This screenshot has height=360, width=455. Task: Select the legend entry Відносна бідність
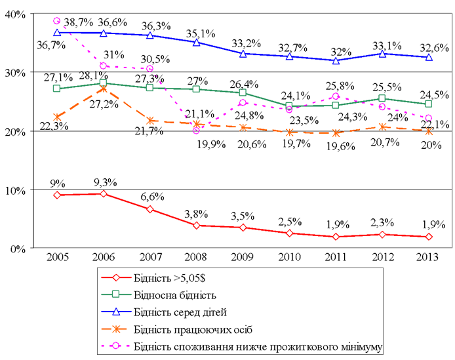(x=173, y=295)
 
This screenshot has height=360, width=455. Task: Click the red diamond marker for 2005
(x=57, y=195)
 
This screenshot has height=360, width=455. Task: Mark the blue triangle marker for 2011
(x=336, y=60)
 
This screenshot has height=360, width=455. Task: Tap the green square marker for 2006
(x=104, y=83)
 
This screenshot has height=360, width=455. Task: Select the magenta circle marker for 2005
(x=57, y=21)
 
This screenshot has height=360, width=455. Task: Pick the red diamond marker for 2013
(x=429, y=237)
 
